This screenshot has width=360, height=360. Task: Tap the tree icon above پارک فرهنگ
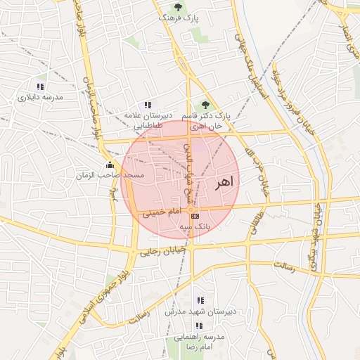178,6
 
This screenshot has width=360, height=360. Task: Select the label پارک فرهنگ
177,18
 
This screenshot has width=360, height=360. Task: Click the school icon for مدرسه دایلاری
40,86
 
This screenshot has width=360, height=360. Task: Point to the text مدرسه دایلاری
40,98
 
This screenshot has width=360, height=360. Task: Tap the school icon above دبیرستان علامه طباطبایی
148,104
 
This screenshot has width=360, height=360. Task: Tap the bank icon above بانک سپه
195,216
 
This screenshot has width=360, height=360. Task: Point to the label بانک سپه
195,226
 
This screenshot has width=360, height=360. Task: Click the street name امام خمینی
162,212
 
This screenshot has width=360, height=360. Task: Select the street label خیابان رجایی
164,250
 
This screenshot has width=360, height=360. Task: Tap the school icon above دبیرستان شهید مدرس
200,300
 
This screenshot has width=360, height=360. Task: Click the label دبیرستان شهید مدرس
195,310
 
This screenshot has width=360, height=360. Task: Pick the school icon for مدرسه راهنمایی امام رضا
198,326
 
